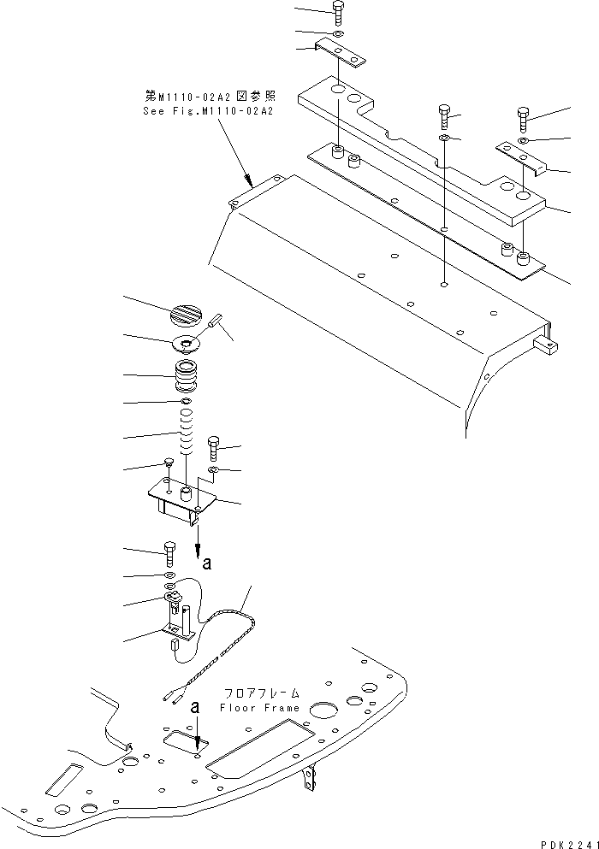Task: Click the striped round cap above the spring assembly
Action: pyautogui.click(x=187, y=315)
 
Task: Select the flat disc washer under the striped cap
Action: pyautogui.click(x=186, y=345)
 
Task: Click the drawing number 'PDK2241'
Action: pyautogui.click(x=568, y=841)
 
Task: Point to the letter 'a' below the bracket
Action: pyautogui.click(x=205, y=563)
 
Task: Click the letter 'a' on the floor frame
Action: pyautogui.click(x=197, y=708)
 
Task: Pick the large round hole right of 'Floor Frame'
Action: pyautogui.click(x=323, y=710)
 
